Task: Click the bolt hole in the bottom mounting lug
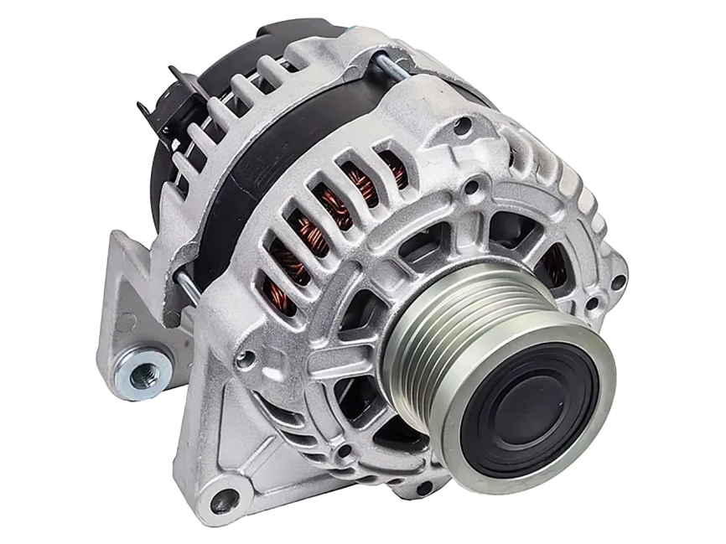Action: pyautogui.click(x=224, y=501)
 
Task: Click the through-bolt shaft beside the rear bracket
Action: pyautogui.click(x=189, y=290)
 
